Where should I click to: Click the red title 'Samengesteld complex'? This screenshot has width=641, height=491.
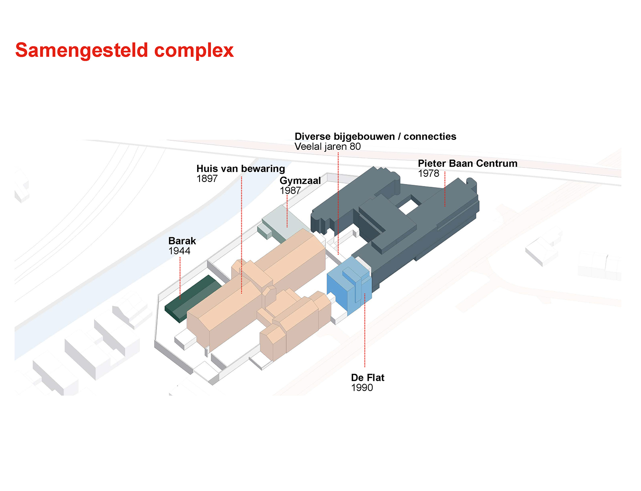[124, 51]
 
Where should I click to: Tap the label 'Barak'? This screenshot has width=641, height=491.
[182, 241]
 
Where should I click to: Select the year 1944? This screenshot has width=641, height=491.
[179, 251]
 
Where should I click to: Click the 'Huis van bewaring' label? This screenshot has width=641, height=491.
[241, 168]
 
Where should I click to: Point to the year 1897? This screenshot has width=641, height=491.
[207, 178]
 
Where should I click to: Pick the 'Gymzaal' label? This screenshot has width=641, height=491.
[300, 181]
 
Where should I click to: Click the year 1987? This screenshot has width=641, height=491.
[290, 191]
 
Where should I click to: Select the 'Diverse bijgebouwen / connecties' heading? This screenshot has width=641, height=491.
[375, 136]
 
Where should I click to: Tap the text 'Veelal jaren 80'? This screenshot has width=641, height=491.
[327, 146]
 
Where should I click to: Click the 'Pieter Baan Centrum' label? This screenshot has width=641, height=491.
[468, 163]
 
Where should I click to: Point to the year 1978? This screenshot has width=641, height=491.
[429, 173]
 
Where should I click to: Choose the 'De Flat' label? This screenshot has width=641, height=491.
[367, 378]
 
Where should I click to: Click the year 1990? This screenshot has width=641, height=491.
[362, 388]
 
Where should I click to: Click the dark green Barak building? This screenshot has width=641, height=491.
[193, 298]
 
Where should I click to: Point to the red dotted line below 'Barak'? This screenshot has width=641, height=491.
[180, 278]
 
